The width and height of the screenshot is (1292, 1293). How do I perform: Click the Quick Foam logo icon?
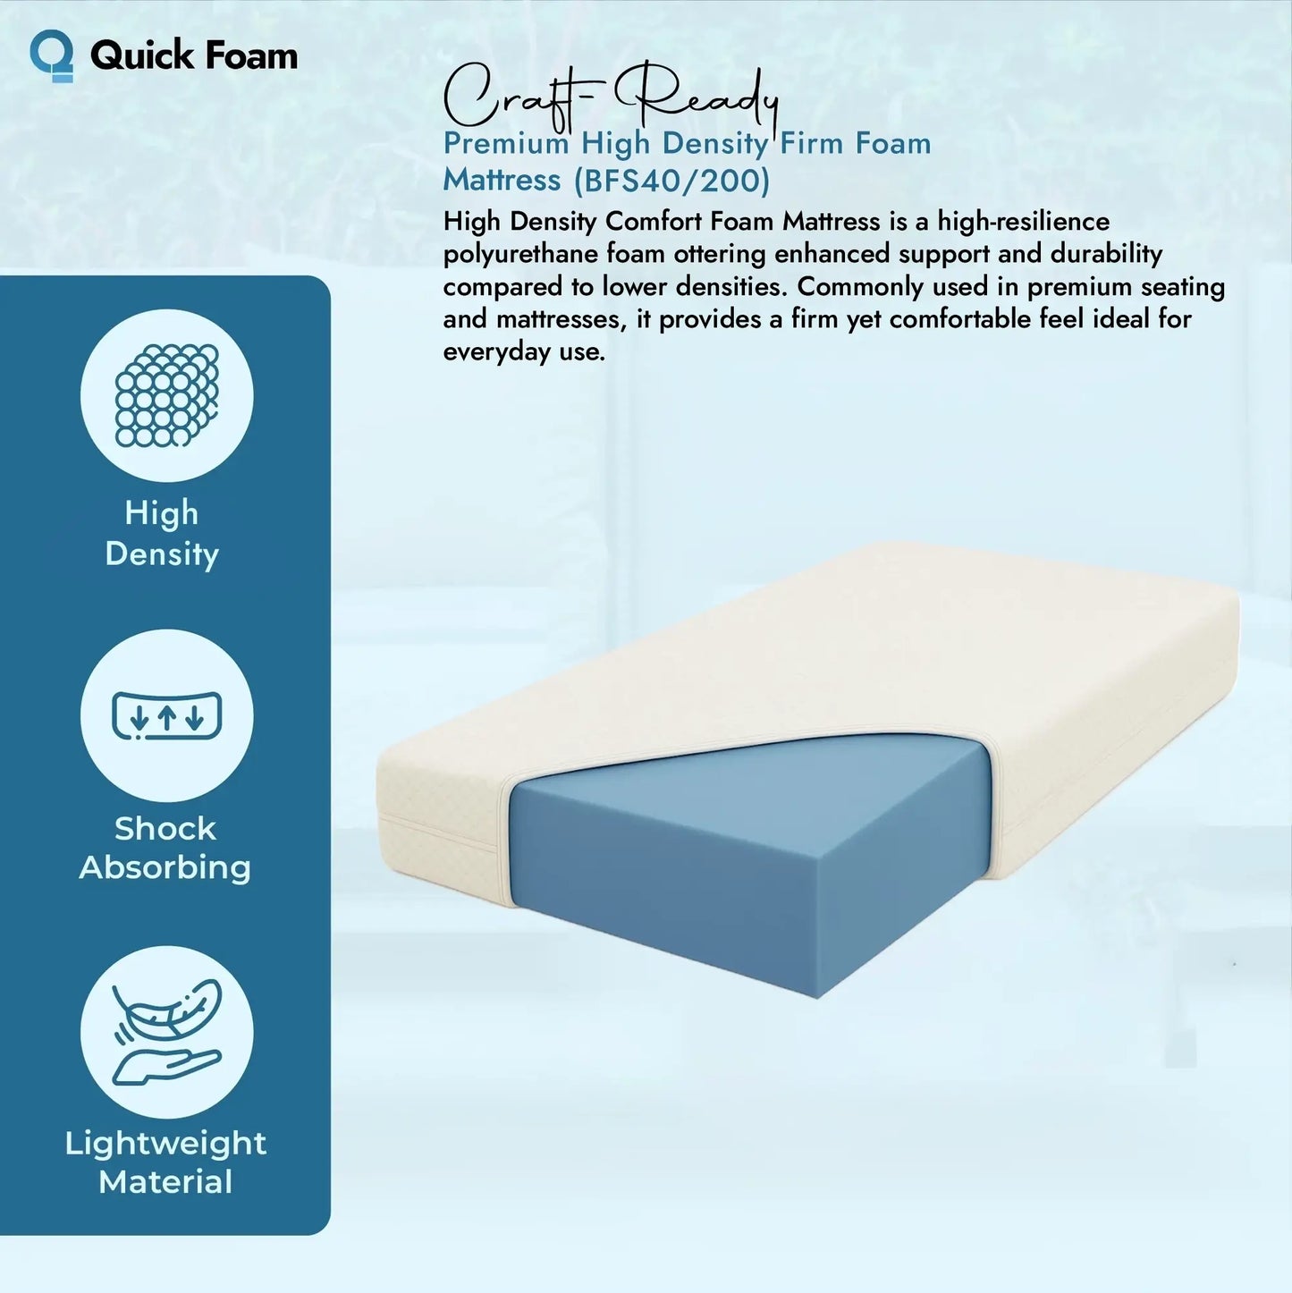click(x=52, y=55)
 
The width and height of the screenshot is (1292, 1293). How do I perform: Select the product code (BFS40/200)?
click(x=671, y=181)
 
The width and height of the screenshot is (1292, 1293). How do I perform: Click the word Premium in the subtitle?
click(x=506, y=144)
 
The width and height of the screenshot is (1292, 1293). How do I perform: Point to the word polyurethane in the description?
click(x=521, y=254)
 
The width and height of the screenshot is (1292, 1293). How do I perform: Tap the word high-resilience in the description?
click(x=1023, y=221)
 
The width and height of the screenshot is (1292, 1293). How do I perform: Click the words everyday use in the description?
click(x=524, y=351)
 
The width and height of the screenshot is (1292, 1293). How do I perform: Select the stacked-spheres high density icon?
click(x=167, y=395)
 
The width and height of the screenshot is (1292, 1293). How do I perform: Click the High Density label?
click(x=162, y=533)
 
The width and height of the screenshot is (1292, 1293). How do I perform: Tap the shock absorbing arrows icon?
click(x=167, y=715)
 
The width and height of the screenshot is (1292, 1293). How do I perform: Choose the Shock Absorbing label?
click(x=165, y=848)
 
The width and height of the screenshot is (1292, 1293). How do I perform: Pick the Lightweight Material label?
click(x=165, y=1162)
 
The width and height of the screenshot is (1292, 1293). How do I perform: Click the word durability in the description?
click(x=1106, y=254)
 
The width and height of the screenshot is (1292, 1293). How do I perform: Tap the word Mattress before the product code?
click(x=502, y=181)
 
